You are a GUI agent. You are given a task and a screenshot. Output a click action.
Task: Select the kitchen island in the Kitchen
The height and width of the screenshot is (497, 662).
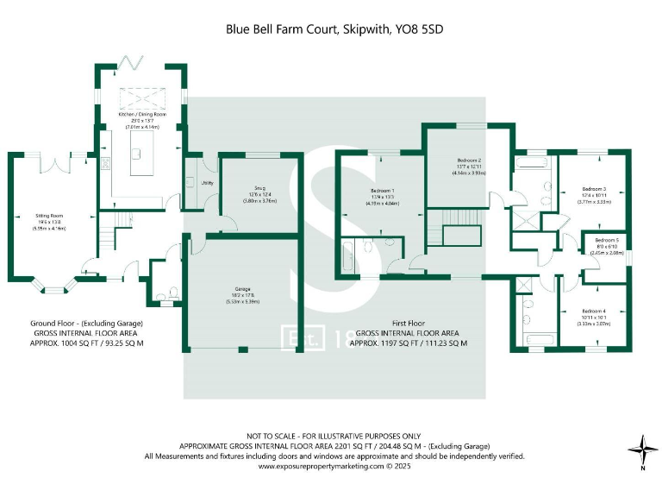(134, 160)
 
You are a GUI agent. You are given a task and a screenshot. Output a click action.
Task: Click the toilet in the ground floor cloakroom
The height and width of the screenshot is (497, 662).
(171, 294)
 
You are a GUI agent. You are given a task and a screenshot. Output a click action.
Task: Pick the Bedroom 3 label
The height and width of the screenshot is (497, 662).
(594, 189)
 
